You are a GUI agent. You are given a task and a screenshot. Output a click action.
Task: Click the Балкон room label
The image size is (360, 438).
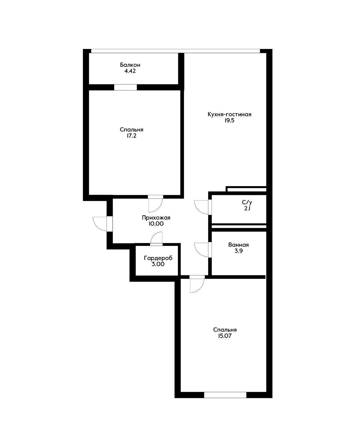click(130, 65)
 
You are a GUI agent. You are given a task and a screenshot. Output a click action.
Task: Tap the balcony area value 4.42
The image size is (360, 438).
click(130, 71)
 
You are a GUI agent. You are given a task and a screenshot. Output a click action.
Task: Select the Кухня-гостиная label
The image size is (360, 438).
click(229, 114)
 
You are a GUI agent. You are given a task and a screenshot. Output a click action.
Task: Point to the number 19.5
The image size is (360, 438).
click(229, 121)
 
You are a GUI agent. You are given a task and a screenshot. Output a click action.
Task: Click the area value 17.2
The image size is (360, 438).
click(131, 136)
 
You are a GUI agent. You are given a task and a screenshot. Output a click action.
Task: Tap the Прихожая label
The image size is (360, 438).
click(156, 218)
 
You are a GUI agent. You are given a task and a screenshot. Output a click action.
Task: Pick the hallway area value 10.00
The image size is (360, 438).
click(156, 224)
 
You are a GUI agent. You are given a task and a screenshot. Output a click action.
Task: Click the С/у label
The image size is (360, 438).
click(247, 203)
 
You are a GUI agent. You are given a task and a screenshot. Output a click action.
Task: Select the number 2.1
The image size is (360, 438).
click(247, 209)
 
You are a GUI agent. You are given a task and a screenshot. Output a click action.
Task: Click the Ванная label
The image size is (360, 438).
click(238, 245)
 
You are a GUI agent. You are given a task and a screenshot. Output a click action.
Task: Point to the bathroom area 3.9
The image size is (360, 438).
click(238, 251)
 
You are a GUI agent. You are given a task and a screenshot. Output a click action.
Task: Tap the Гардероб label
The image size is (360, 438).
click(158, 258)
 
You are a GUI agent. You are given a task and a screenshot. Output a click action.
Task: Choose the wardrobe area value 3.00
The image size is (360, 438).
click(158, 264)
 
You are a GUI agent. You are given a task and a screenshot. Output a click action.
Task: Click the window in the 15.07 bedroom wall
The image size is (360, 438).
click(225, 395)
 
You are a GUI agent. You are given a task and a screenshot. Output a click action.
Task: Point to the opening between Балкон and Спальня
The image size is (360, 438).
click(125, 87)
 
